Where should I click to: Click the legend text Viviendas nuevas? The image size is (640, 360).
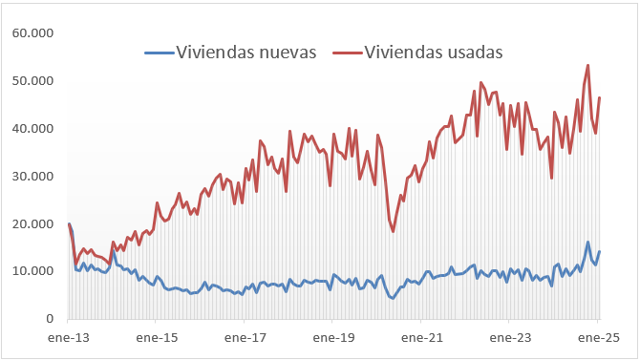pyautogui.click(x=246, y=52)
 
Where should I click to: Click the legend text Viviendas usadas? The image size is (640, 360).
pyautogui.click(x=434, y=52)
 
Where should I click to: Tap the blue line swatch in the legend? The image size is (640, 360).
pyautogui.click(x=160, y=53)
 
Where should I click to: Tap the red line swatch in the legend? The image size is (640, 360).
pyautogui.click(x=347, y=53)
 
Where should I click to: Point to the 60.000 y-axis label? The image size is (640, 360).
pyautogui.click(x=32, y=33)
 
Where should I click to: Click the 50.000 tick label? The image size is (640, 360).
pyautogui.click(x=32, y=81)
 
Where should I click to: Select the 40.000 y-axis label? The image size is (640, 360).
pyautogui.click(x=32, y=129)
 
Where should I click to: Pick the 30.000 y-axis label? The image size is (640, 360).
pyautogui.click(x=32, y=177)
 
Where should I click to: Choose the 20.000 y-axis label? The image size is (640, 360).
pyautogui.click(x=32, y=224)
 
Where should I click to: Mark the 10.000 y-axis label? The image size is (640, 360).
pyautogui.click(x=32, y=271)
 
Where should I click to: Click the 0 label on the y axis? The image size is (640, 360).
pyautogui.click(x=49, y=319)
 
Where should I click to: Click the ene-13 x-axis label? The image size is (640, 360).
pyautogui.click(x=69, y=338)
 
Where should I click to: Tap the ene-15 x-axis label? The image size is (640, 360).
pyautogui.click(x=157, y=338)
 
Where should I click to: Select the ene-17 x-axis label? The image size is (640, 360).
pyautogui.click(x=245, y=338)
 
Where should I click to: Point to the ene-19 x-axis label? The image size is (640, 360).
pyautogui.click(x=333, y=338)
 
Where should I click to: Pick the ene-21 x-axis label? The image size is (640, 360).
pyautogui.click(x=421, y=338)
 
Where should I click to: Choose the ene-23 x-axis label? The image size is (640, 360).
pyautogui.click(x=509, y=338)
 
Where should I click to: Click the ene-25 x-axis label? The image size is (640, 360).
pyautogui.click(x=597, y=338)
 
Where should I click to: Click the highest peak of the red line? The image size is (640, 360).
pyautogui.click(x=587, y=65)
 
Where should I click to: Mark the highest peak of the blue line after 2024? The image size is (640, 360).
pyautogui.click(x=587, y=243)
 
